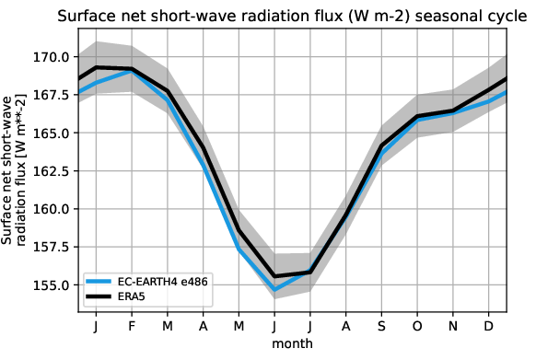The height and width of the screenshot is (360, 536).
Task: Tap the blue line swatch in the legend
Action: [x=99, y=279]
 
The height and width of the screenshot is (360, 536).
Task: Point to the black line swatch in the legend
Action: [x=99, y=296]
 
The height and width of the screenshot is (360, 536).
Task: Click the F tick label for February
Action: [x=132, y=327]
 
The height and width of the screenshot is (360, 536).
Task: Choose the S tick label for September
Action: [x=381, y=327]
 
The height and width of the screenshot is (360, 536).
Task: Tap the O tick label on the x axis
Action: [x=416, y=327]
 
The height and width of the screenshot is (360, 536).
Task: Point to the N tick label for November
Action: [x=452, y=327]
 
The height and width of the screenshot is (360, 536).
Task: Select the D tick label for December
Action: [x=488, y=327]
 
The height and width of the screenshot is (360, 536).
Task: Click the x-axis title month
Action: [x=291, y=343]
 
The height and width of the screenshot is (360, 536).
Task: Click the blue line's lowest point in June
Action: [x=274, y=290]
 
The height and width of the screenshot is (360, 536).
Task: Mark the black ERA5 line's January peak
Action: [x=97, y=67]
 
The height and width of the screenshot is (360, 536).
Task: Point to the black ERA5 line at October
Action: [x=416, y=117]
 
